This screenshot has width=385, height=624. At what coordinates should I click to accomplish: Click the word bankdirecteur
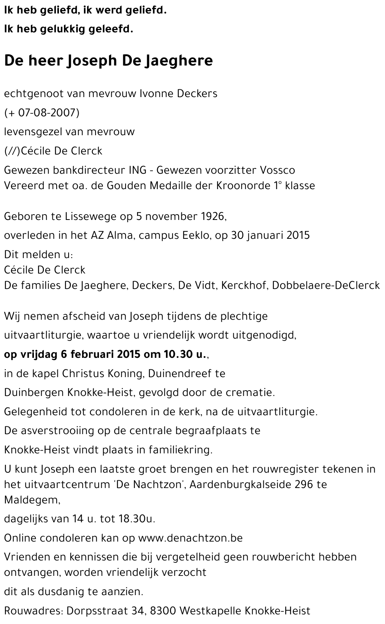84,170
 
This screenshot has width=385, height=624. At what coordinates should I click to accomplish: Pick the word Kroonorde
241,186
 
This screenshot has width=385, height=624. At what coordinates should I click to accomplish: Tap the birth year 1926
213,216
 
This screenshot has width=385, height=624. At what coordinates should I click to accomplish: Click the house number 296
303,484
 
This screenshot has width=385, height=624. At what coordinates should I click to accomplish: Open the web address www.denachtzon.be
190,538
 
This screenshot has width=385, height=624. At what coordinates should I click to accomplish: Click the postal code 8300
163,611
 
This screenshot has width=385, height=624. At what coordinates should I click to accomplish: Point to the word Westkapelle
210,611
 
